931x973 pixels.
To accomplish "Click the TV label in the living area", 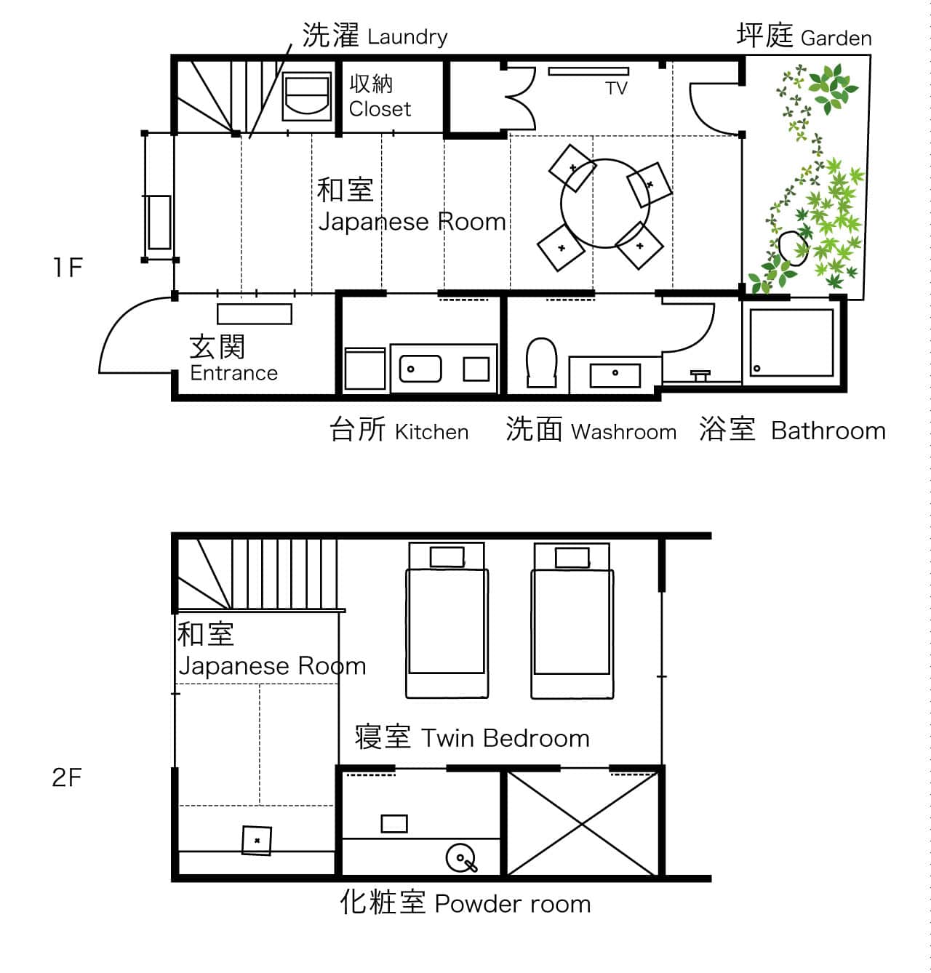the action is (x=616, y=89).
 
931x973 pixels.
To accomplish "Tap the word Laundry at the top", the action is (x=407, y=37).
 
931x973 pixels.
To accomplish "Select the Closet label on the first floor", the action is (x=380, y=109).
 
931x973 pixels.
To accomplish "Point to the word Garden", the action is (x=836, y=38).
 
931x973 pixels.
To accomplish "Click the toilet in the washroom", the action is (x=541, y=362).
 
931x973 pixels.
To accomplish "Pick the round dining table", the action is (x=605, y=203).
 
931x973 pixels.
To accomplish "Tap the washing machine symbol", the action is (x=306, y=97).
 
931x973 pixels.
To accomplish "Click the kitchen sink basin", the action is (x=420, y=369).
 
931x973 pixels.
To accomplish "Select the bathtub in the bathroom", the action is (x=791, y=343).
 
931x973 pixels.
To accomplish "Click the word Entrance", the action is (x=233, y=373).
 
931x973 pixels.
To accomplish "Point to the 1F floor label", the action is (x=68, y=268).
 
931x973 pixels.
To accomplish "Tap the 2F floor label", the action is (x=66, y=777).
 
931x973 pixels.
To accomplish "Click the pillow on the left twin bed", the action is (x=447, y=557).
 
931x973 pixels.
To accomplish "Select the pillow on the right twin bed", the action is (x=572, y=558).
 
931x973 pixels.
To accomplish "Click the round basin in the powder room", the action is (x=460, y=858).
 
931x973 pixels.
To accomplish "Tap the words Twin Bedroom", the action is (x=506, y=739).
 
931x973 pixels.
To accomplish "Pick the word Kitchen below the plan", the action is (x=431, y=432).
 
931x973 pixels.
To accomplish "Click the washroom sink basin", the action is (x=615, y=375).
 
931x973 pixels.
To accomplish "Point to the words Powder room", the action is (x=513, y=904).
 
